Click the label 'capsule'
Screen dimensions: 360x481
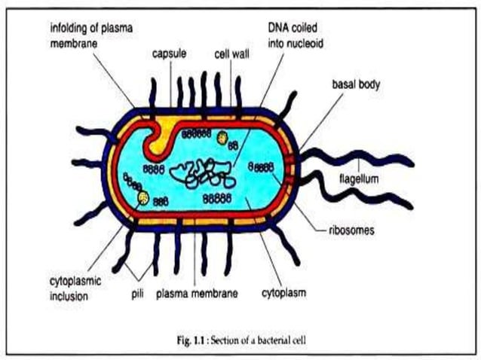point(169,54)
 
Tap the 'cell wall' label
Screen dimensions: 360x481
point(230,54)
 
